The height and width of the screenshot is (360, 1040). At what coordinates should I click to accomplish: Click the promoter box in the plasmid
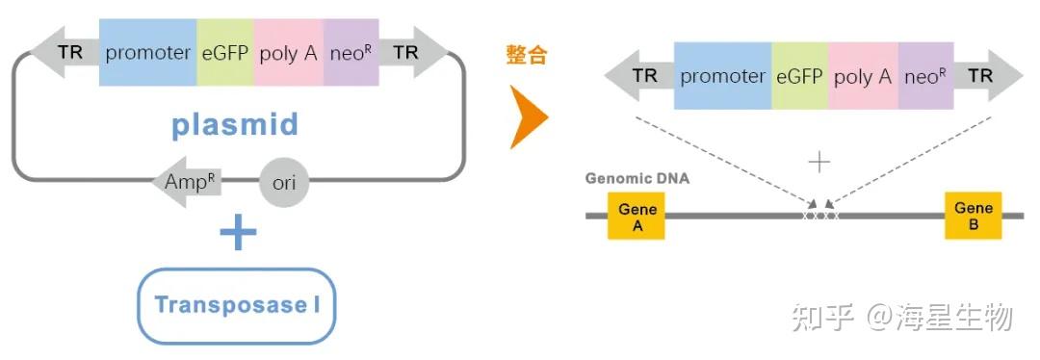click(x=147, y=53)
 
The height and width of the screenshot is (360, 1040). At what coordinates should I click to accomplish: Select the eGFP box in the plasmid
click(x=225, y=53)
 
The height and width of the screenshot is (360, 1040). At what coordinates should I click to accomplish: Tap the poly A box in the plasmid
click(x=289, y=53)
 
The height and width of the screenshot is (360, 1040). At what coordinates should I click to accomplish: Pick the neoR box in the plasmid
click(x=351, y=53)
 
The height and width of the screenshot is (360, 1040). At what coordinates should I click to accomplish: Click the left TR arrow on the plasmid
click(x=65, y=53)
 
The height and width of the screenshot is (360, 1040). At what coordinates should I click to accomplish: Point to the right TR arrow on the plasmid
click(x=412, y=53)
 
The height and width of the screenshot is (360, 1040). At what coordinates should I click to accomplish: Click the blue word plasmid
click(x=235, y=124)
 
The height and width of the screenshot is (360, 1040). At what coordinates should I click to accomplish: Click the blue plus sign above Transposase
click(x=238, y=233)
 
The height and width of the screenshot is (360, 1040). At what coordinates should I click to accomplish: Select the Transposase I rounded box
click(x=237, y=306)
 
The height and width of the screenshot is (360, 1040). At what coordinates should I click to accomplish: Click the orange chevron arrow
click(x=528, y=117)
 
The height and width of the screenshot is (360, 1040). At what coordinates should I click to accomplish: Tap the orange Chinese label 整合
click(x=527, y=55)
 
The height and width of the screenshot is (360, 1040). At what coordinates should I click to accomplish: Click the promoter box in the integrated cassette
click(x=722, y=76)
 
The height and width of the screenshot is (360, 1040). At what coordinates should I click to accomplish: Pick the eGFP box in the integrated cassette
click(x=799, y=76)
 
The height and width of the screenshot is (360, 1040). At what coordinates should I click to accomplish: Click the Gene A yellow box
click(x=637, y=216)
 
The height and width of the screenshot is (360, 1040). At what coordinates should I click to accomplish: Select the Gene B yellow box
click(x=973, y=216)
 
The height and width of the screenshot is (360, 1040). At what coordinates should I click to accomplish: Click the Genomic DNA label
click(x=637, y=179)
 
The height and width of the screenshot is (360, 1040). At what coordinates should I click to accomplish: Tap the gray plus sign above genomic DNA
click(x=819, y=162)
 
